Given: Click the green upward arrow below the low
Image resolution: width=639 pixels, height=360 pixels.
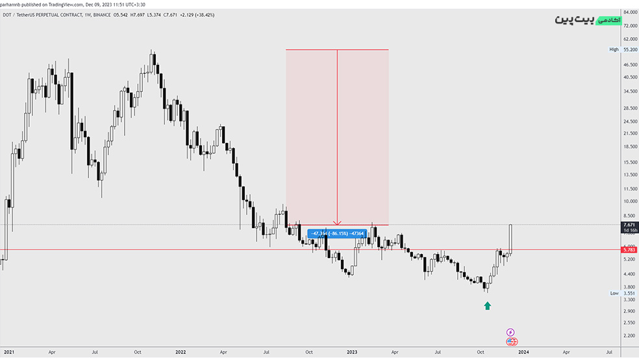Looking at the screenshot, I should tap(487, 305).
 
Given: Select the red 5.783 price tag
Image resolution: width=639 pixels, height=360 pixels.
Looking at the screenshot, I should tap(629, 250).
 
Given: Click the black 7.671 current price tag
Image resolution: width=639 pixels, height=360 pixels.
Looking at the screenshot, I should tap(629, 225).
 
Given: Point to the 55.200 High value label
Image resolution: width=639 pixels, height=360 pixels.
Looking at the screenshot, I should tap(629, 49).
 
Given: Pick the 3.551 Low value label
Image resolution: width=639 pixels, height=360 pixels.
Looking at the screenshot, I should tap(629, 293).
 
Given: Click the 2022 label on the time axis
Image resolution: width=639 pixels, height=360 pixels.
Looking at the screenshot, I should tap(181, 352).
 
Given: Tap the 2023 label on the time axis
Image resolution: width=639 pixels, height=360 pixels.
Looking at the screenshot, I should tap(352, 352).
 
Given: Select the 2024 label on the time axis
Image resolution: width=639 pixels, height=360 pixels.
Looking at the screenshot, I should tap(523, 352).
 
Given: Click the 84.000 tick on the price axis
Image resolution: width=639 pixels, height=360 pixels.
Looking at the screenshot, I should tap(629, 12).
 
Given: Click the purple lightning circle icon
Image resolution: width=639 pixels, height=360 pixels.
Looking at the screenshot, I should tap(510, 332).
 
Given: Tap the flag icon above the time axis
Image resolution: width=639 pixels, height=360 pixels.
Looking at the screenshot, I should tap(511, 341).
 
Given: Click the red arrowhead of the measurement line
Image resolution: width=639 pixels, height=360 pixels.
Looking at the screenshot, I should tap(337, 223).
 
